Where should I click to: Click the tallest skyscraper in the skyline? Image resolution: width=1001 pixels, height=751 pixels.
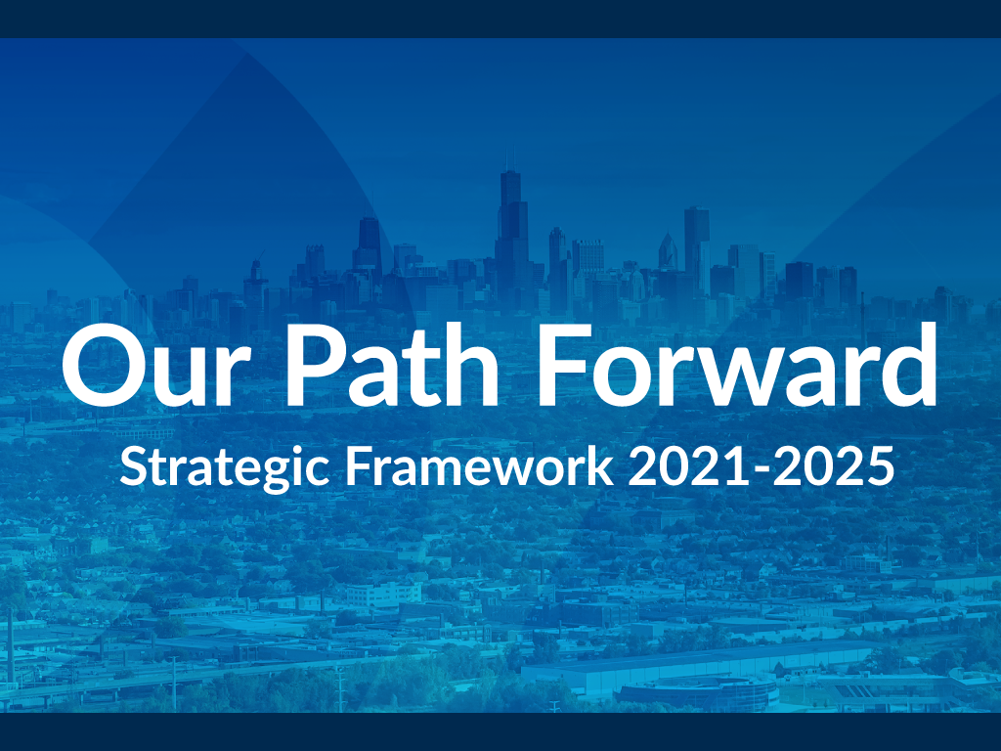point(510,235)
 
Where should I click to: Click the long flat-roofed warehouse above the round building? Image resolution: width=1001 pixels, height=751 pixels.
point(704,659)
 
